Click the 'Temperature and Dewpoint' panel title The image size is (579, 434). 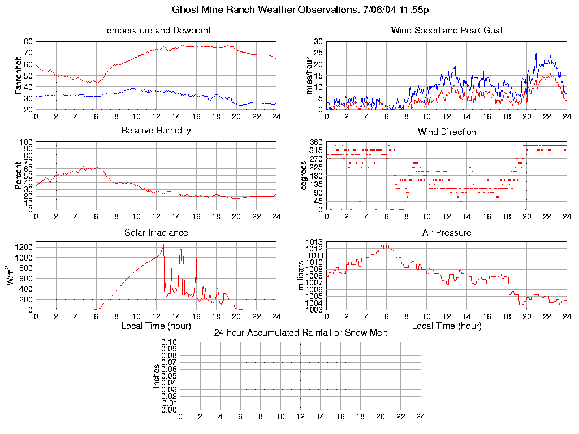(156, 30)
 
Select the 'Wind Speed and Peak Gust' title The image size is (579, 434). (447, 30)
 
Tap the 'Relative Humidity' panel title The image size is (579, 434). (156, 131)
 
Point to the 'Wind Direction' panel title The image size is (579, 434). (447, 132)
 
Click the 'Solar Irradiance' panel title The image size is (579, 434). (156, 232)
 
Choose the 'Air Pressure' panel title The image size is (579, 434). (447, 232)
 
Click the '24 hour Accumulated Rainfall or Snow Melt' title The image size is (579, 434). (300, 333)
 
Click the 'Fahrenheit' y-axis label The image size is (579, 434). (18, 75)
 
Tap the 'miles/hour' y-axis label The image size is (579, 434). (309, 75)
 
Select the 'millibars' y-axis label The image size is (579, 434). (301, 276)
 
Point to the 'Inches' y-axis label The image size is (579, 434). (157, 376)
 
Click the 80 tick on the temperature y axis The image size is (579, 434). (28, 41)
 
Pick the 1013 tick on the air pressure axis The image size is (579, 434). (315, 242)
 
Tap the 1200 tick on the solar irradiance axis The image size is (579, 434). (24, 247)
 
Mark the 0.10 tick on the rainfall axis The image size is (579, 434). (169, 342)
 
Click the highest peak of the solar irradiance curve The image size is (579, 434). (163, 245)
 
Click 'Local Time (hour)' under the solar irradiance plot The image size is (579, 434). (156, 326)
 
